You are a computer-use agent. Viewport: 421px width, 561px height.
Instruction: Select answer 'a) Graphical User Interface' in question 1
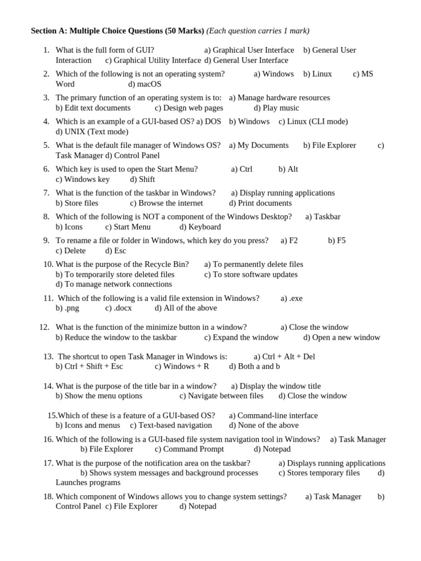249,50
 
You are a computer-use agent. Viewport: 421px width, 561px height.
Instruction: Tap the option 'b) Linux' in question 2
317,73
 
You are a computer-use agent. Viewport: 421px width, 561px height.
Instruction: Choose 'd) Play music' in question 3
276,108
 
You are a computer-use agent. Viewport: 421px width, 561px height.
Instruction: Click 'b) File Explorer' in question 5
329,145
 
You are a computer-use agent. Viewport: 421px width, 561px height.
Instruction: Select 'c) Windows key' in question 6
83,179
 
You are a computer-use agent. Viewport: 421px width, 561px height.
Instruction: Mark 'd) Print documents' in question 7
260,203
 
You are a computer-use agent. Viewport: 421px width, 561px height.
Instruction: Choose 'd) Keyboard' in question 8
200,227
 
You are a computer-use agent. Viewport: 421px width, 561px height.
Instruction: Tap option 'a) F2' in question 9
289,240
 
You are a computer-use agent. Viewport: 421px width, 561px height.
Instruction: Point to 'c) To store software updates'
251,274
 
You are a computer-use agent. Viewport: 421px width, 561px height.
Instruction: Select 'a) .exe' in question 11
291,298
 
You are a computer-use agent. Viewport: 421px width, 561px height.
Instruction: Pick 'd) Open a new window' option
342,337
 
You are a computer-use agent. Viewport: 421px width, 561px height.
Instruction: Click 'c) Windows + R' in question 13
182,366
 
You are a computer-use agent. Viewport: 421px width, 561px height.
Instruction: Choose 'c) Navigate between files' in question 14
221,396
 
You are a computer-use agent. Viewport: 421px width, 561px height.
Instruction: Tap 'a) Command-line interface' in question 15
273,415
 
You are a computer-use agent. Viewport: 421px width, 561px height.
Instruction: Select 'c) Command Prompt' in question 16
189,449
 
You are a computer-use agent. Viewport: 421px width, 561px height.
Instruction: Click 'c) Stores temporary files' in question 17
319,473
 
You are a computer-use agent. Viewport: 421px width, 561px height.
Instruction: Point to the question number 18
48,496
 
